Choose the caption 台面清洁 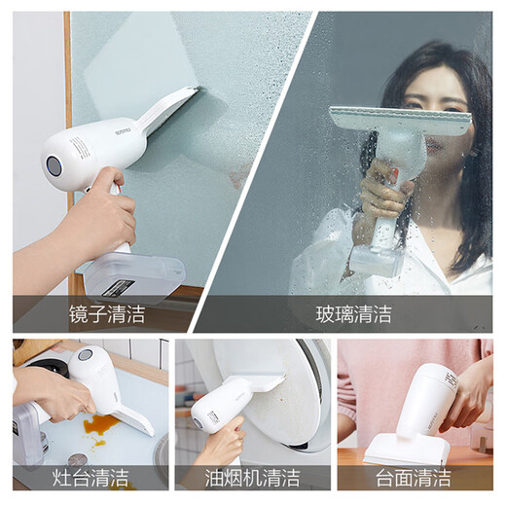414,477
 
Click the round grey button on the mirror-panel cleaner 54,166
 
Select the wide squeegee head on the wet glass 399,122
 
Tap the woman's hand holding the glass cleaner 384,190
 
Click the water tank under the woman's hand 375,258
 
